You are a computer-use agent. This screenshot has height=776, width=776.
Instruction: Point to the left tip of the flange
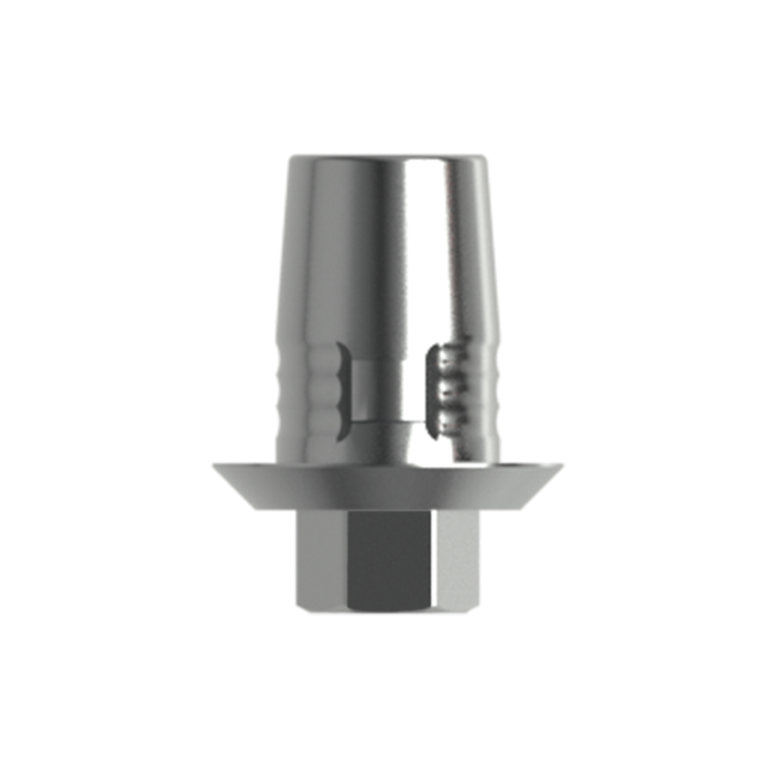click(211, 465)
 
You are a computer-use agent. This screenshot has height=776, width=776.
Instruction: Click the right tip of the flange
click(565, 465)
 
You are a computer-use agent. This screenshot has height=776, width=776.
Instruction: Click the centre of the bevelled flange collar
click(388, 483)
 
